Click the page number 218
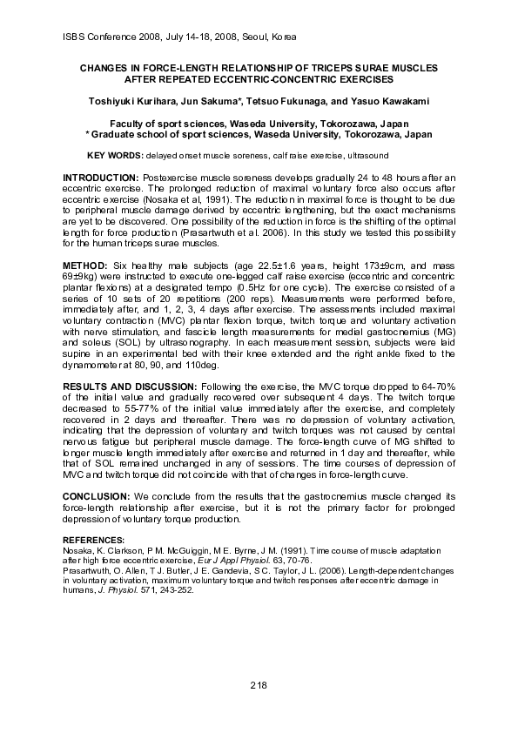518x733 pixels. point(258,686)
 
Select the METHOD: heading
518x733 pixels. point(85,264)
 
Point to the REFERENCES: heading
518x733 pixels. point(94,541)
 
